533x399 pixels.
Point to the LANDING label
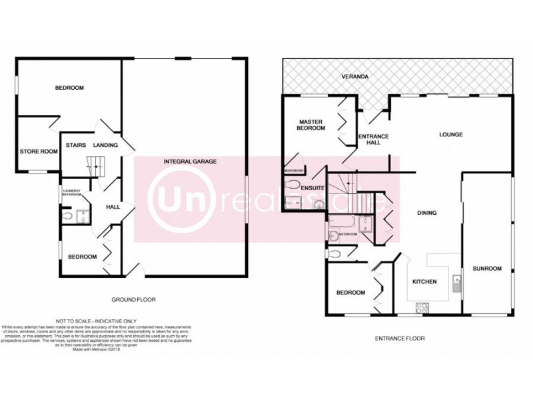[105, 144]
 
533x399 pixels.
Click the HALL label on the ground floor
[112, 207]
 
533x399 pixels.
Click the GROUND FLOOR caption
[133, 299]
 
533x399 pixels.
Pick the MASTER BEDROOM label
[312, 124]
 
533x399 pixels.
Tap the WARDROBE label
[294, 170]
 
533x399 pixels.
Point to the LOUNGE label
[450, 134]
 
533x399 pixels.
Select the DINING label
[426, 213]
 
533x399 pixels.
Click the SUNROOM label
[487, 269]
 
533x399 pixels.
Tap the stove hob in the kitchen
[422, 307]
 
